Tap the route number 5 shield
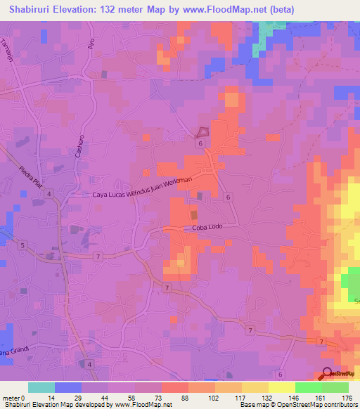click(23, 245)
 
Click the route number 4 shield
click(90, 363)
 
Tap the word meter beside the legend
click(11, 399)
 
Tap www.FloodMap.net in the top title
click(227, 9)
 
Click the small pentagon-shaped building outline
click(203, 131)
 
